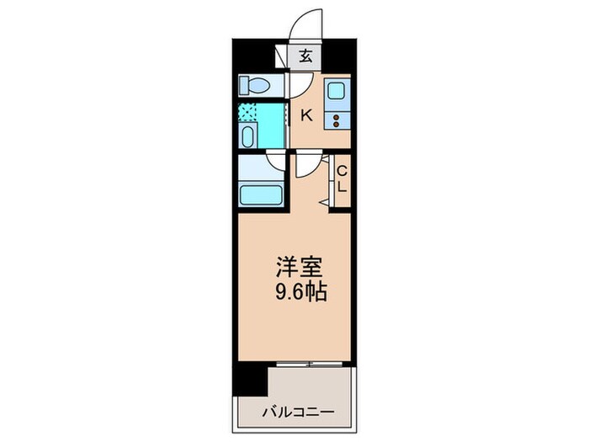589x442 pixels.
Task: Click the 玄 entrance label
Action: [x=305, y=57]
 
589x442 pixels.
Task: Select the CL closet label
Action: [x=342, y=178]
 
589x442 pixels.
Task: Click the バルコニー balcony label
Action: [x=297, y=413]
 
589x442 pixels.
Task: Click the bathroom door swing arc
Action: [x=276, y=162]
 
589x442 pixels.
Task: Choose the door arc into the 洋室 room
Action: [x=308, y=163]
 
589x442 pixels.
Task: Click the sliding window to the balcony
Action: [x=309, y=364]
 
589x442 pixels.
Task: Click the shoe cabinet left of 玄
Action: [x=282, y=57]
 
